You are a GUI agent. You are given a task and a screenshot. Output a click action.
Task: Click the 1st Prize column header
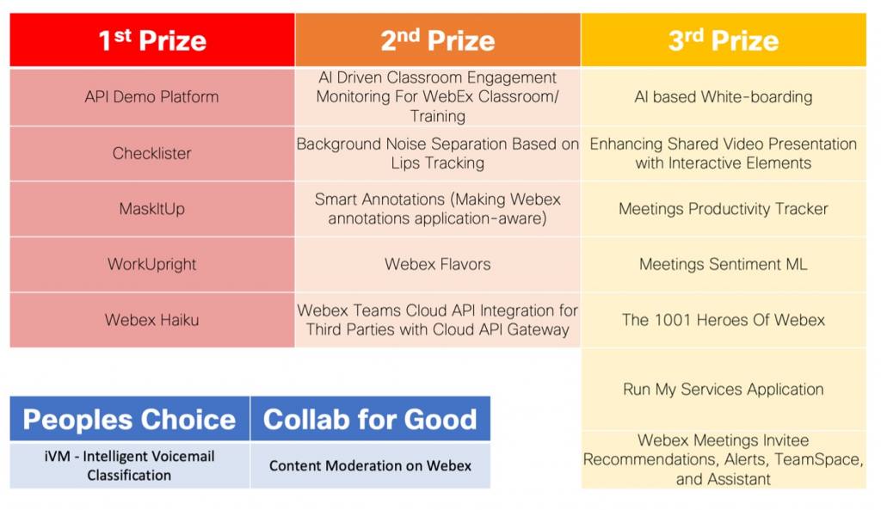click(x=152, y=40)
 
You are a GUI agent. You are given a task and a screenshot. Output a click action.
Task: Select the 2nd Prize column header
click(x=438, y=40)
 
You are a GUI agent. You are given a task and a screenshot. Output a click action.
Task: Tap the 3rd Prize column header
click(x=724, y=40)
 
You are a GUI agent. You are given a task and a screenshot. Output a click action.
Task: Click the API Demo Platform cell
click(x=152, y=97)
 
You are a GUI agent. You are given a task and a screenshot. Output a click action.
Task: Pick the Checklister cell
click(x=152, y=154)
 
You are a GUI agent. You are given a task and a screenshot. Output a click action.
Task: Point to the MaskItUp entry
click(x=152, y=209)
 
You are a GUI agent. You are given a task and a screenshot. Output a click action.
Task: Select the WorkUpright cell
click(x=152, y=264)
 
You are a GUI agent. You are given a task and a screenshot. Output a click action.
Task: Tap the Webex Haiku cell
click(x=152, y=320)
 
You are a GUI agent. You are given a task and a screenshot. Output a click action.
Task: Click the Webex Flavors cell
click(x=438, y=264)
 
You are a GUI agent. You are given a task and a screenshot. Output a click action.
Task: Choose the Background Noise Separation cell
click(x=438, y=154)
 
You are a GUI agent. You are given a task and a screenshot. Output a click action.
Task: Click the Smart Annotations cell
click(x=438, y=209)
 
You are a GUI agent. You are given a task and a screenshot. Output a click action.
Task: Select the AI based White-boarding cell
click(x=724, y=97)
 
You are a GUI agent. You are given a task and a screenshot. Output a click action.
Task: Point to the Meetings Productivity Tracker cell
click(x=724, y=209)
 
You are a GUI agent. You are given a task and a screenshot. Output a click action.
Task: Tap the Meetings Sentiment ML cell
click(x=724, y=264)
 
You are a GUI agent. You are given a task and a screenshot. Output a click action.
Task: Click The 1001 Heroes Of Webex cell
click(x=724, y=320)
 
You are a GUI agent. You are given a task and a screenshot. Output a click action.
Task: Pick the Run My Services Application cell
click(x=724, y=390)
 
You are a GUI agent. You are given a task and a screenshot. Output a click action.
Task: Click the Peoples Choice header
click(x=129, y=420)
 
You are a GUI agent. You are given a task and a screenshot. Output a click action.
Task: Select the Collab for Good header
click(x=370, y=420)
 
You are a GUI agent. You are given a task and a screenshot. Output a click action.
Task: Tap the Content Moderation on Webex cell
click(x=370, y=466)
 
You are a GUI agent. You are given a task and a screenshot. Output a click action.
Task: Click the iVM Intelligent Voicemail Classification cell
click(x=129, y=466)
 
